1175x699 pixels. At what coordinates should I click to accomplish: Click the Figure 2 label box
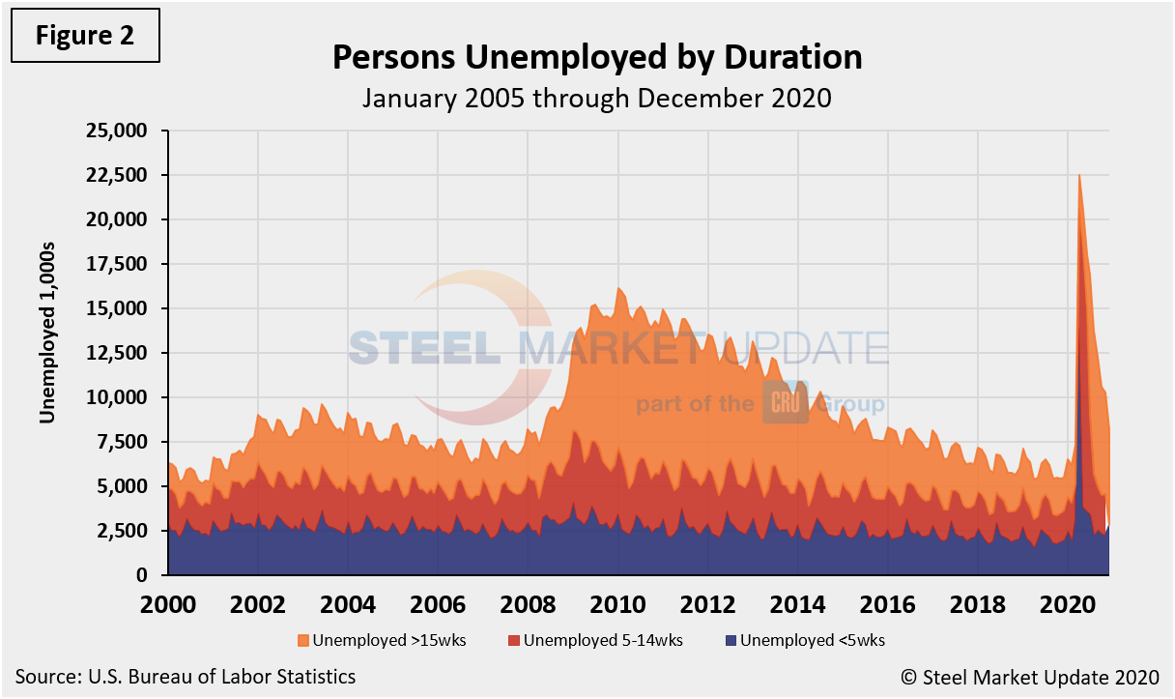84,36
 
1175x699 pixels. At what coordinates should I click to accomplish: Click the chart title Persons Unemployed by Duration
597,58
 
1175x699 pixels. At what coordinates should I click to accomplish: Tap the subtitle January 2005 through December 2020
597,98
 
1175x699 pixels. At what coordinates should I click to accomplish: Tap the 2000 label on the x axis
168,605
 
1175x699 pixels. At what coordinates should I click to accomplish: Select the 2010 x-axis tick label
618,605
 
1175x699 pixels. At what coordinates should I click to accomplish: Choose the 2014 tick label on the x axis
798,605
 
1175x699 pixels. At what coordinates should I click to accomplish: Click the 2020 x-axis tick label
1068,605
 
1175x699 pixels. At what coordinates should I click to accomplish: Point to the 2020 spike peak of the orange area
1079,176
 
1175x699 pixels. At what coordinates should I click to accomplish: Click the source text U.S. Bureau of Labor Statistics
186,677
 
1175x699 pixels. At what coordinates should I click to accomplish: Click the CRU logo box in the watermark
785,402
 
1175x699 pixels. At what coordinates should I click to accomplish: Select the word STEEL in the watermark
424,346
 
